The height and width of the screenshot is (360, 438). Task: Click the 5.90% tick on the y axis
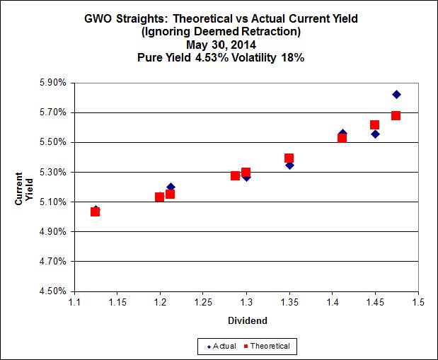(x=54, y=83)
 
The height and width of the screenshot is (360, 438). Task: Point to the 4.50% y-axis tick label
(x=54, y=291)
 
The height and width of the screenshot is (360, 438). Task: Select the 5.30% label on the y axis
(x=54, y=172)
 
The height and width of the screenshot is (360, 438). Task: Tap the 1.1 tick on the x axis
(x=74, y=302)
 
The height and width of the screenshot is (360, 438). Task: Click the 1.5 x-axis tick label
(x=418, y=302)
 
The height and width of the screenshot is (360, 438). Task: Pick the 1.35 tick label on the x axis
(x=289, y=302)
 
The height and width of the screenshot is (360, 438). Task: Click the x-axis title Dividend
(x=246, y=320)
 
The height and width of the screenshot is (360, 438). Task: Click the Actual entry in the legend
(x=219, y=346)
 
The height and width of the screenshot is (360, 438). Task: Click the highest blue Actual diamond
(x=396, y=94)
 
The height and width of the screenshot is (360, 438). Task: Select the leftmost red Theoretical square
(x=95, y=211)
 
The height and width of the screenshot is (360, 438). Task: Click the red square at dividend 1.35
(x=289, y=158)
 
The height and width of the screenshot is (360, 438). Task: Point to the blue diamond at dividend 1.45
(x=375, y=134)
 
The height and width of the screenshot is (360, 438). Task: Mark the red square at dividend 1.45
(x=374, y=124)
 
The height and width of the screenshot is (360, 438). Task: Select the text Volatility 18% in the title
(x=270, y=57)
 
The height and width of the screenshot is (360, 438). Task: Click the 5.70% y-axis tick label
(x=54, y=112)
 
